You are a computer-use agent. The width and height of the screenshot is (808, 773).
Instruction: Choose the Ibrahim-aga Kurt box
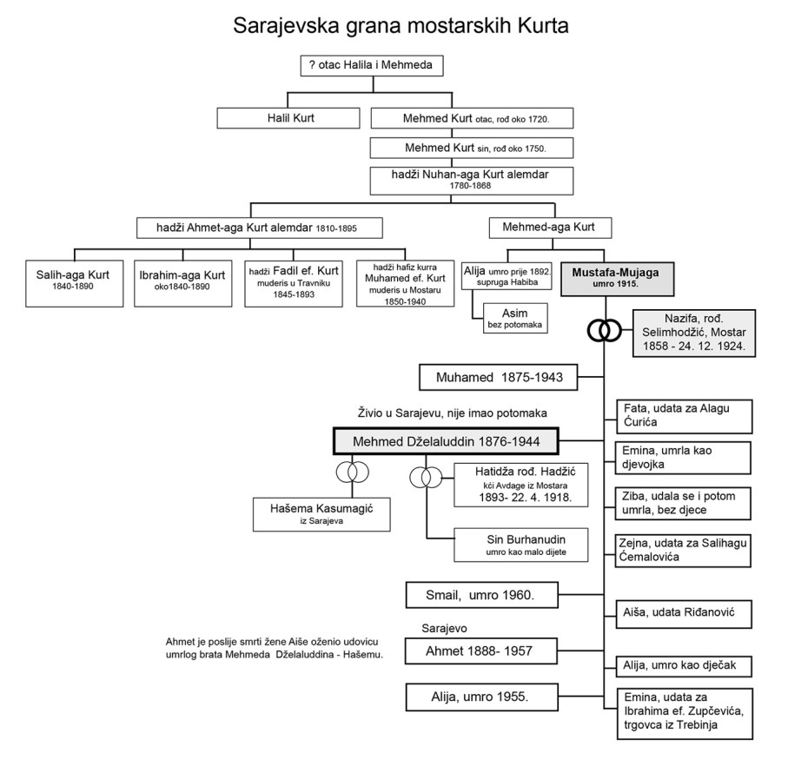click(182, 281)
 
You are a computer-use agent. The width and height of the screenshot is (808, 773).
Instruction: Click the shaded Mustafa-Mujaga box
click(615, 277)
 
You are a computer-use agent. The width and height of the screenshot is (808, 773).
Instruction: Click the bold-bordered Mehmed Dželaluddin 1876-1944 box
click(445, 441)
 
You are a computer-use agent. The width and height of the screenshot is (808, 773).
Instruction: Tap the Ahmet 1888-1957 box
click(480, 649)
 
